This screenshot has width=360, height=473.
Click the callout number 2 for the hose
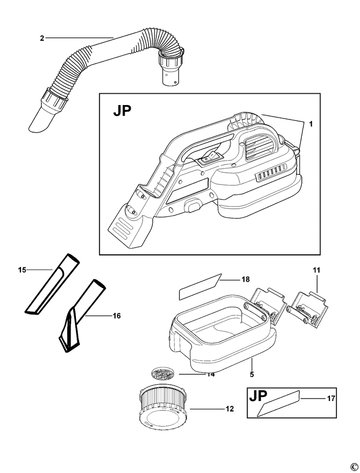point(42,37)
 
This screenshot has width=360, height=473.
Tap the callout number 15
point(21,269)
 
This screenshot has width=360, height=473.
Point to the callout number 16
point(116,315)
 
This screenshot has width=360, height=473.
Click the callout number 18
point(246,279)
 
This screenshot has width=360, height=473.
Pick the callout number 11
point(316,270)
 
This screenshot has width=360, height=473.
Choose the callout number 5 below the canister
point(252,374)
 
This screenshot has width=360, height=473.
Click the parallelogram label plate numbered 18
point(200,287)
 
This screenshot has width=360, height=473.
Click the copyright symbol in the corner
point(353,467)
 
